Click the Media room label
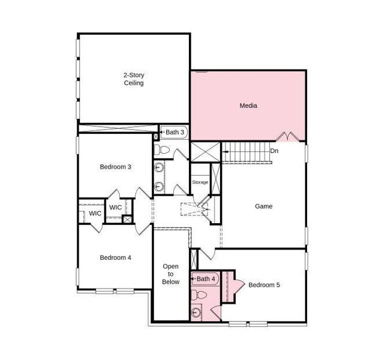click(248, 106)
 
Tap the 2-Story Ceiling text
click(134, 79)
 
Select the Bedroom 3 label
click(115, 167)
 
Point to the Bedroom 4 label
click(115, 257)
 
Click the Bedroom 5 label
click(264, 284)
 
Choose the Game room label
click(263, 206)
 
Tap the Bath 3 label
click(176, 131)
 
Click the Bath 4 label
click(206, 278)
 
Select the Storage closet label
click(200, 182)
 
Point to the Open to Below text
click(170, 274)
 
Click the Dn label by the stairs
click(275, 151)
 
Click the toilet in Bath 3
click(162, 148)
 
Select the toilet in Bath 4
click(200, 295)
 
